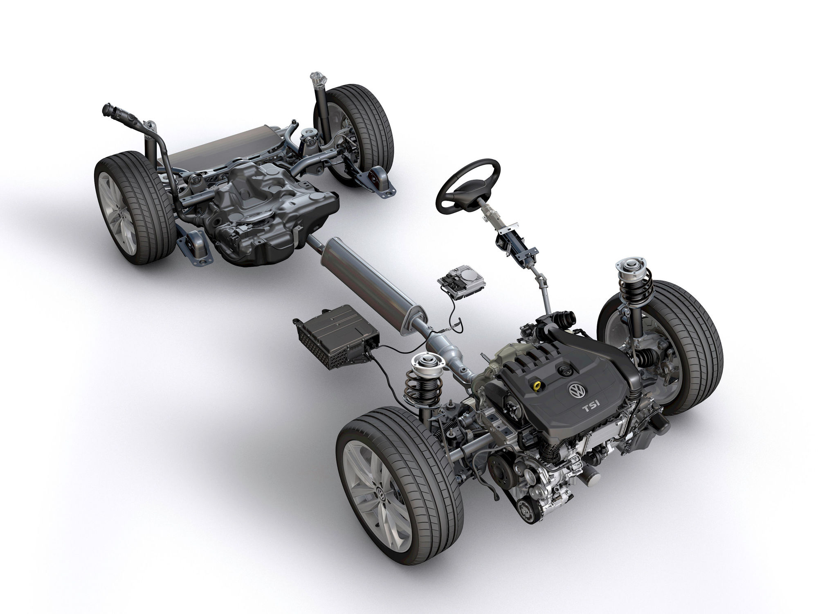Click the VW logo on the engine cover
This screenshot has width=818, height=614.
(576, 391)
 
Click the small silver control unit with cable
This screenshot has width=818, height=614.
(454, 281)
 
